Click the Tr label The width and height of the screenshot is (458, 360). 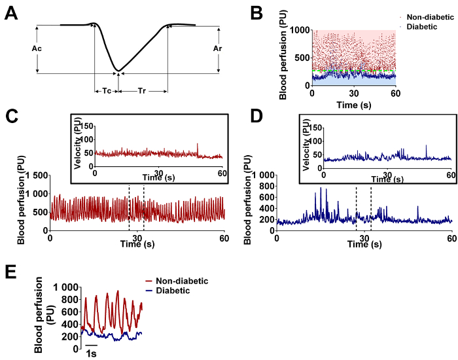[x=142, y=89]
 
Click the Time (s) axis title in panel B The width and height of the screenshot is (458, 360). [x=353, y=105]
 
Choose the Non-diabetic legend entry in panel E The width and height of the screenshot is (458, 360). [x=185, y=280]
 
